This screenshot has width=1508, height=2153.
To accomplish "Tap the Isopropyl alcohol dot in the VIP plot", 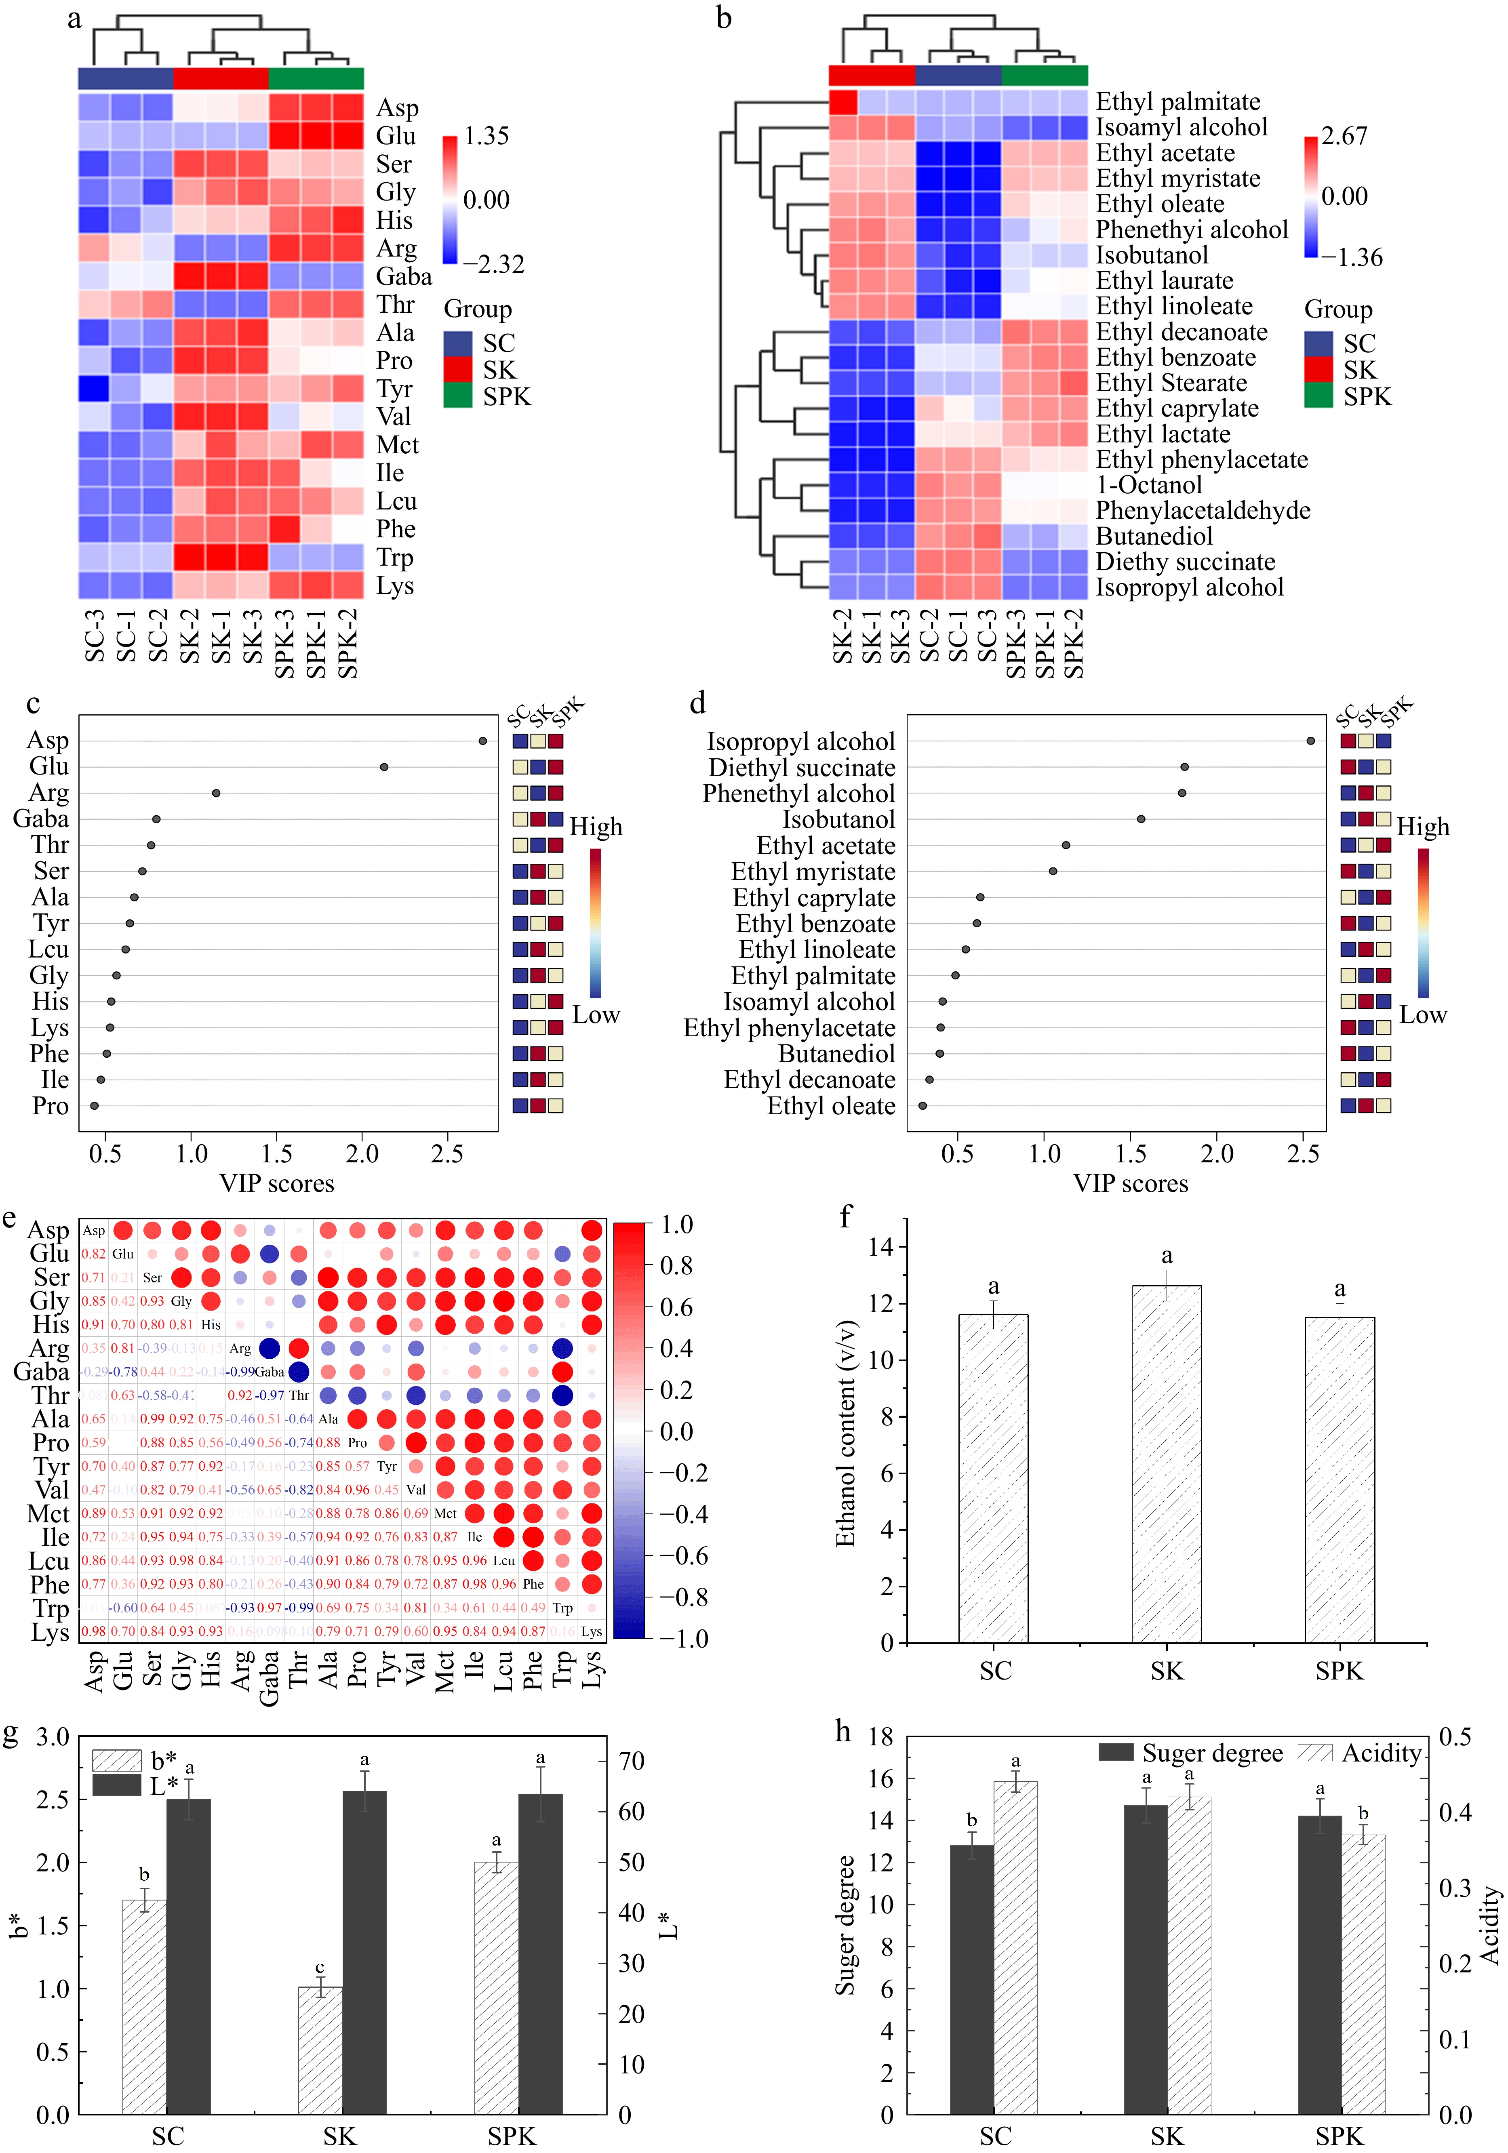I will click(x=1310, y=741).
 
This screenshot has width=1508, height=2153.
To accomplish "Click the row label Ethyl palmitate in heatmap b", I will click(x=1178, y=101).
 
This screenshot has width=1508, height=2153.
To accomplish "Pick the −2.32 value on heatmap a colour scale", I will click(x=493, y=265).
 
